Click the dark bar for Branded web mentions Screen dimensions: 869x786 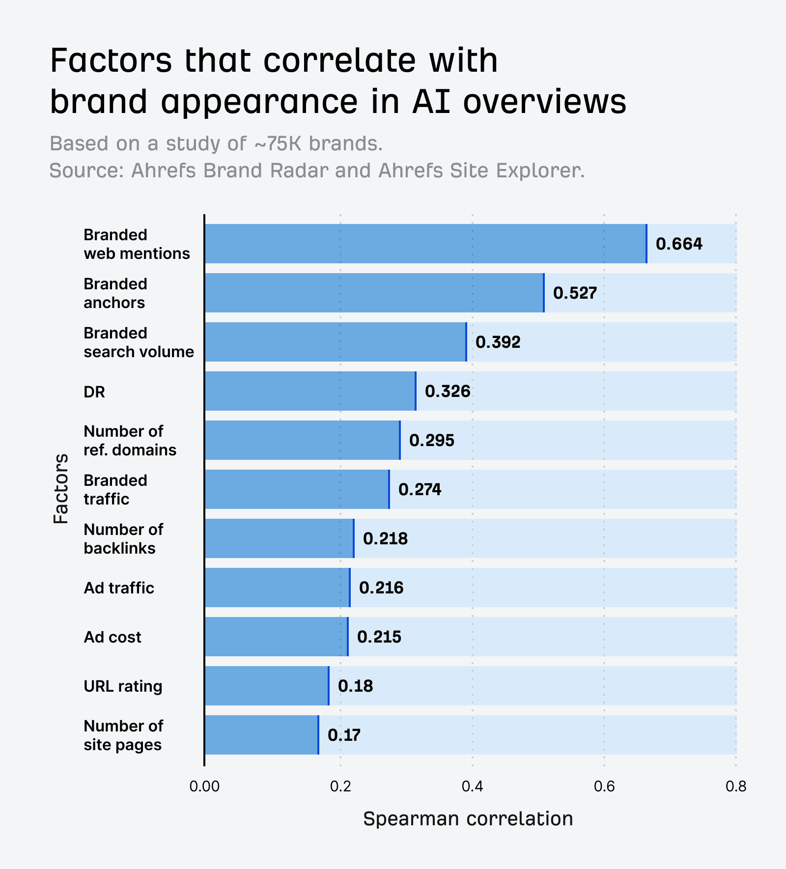(425, 244)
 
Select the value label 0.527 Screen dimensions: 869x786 (575, 293)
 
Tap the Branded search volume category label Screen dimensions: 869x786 (139, 342)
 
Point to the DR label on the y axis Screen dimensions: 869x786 (94, 392)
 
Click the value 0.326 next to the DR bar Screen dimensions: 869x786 (448, 391)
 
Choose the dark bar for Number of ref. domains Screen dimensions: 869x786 (302, 440)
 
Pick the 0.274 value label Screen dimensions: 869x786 (420, 489)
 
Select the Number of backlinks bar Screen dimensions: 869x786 (279, 538)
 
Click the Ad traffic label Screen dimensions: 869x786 (119, 588)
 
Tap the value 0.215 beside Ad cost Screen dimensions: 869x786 (379, 637)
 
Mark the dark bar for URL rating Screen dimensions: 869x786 (266, 686)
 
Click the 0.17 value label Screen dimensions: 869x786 (344, 735)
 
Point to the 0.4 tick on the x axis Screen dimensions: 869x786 (472, 786)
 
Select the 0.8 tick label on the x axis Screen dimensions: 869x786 (735, 786)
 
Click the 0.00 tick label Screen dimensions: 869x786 (204, 786)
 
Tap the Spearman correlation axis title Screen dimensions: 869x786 (468, 819)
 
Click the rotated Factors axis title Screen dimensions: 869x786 (61, 489)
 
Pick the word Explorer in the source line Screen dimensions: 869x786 (540, 170)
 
